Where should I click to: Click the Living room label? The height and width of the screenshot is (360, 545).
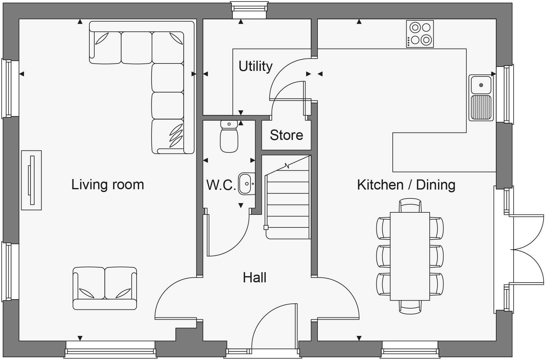pos(108,185)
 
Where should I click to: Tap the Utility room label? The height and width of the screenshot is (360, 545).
pos(256,66)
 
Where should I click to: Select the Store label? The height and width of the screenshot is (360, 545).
pos(286,135)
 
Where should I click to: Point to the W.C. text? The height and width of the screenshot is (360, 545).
pos(221,185)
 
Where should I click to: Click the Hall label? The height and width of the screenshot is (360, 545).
pos(254,278)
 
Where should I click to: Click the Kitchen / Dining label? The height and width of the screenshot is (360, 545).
pos(406,185)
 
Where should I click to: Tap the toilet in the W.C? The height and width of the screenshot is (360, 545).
pos(229,137)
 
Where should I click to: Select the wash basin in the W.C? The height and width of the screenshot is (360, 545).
pos(246,184)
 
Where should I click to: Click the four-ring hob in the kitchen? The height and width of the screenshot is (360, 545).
pos(420,34)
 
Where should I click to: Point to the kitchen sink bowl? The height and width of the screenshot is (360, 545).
pos(481,85)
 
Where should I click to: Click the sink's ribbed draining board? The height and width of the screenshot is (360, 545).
pos(481,107)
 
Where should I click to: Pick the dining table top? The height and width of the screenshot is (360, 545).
pos(410,256)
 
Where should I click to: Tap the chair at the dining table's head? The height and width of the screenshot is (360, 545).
pos(410,205)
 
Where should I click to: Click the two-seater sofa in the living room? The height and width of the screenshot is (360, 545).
pos(105,288)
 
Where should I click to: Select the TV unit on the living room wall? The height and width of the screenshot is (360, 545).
pos(31,180)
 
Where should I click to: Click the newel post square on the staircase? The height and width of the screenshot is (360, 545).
pos(266,227)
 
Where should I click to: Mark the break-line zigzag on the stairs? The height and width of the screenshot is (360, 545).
pos(287,166)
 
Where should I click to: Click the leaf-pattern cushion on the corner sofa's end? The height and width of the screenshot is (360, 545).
pos(176,136)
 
